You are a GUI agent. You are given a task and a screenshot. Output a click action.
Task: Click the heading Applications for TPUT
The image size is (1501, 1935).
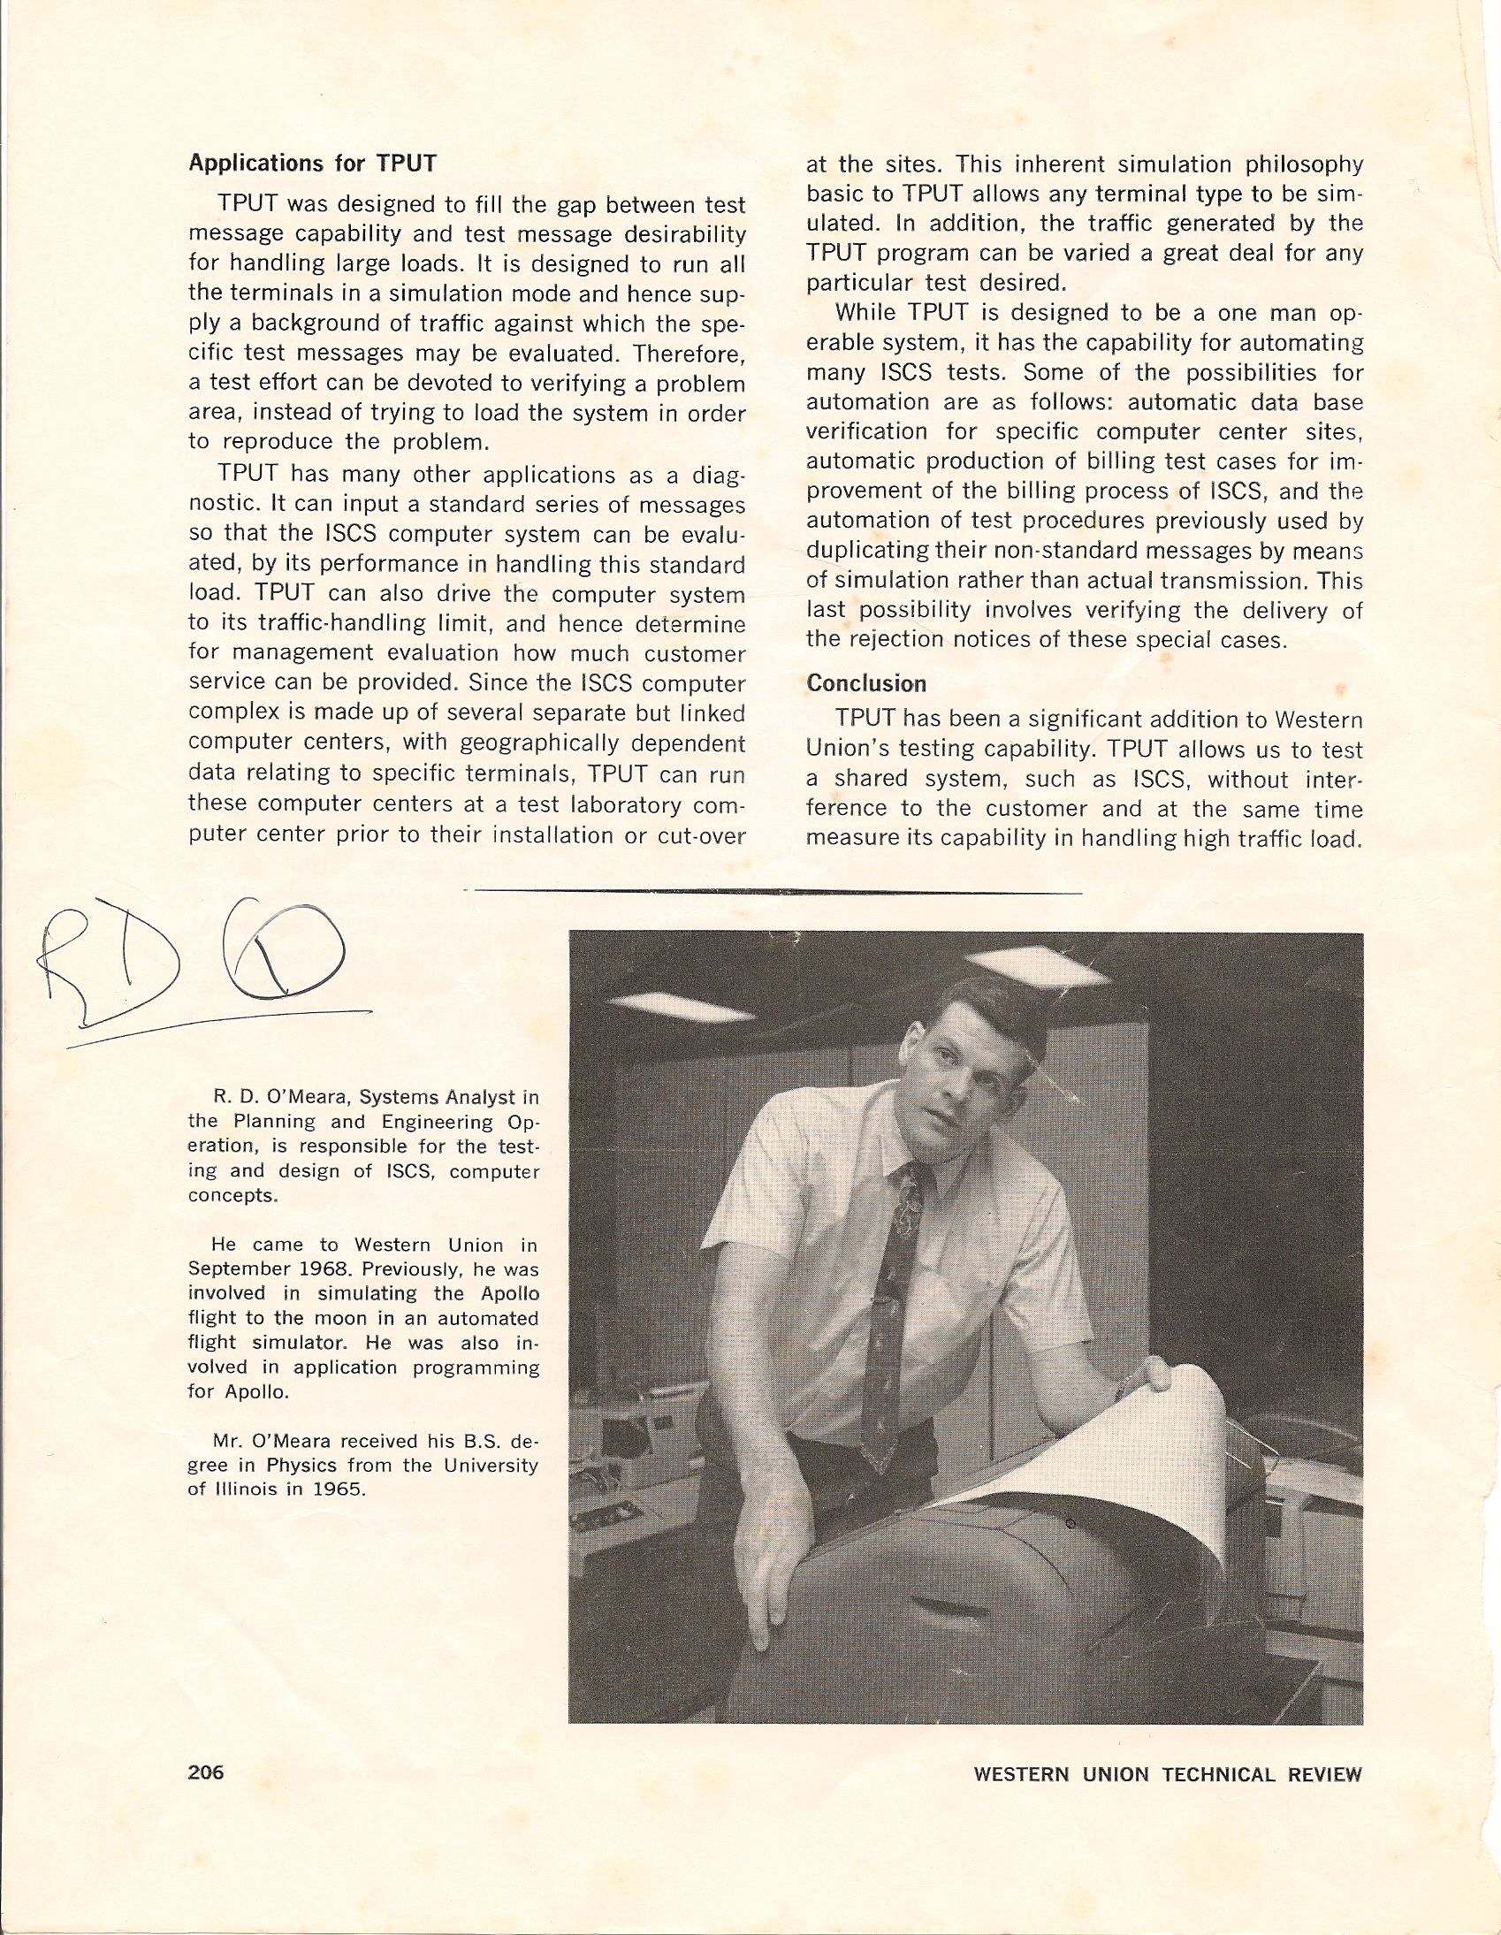312,164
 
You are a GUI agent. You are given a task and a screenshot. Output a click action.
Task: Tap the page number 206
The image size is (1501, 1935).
206,1772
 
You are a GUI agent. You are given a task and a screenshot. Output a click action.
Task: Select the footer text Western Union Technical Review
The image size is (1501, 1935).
1167,1774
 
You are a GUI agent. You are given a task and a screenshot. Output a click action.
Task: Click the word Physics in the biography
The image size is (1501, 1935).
302,1465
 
